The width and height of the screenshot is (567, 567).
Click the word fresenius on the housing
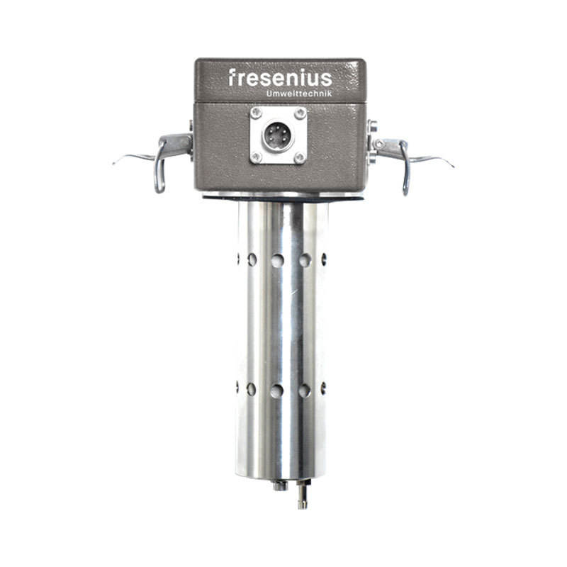(x=280, y=78)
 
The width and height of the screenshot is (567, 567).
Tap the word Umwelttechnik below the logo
(x=299, y=94)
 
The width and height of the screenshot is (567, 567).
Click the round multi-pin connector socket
(x=278, y=136)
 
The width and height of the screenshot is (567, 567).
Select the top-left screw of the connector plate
(x=256, y=113)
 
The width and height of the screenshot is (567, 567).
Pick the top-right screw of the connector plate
(x=300, y=113)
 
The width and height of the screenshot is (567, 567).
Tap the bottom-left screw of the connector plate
(x=256, y=157)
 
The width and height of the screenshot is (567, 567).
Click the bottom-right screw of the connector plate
(x=300, y=157)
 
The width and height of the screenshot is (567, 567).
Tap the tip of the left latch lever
(x=113, y=164)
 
